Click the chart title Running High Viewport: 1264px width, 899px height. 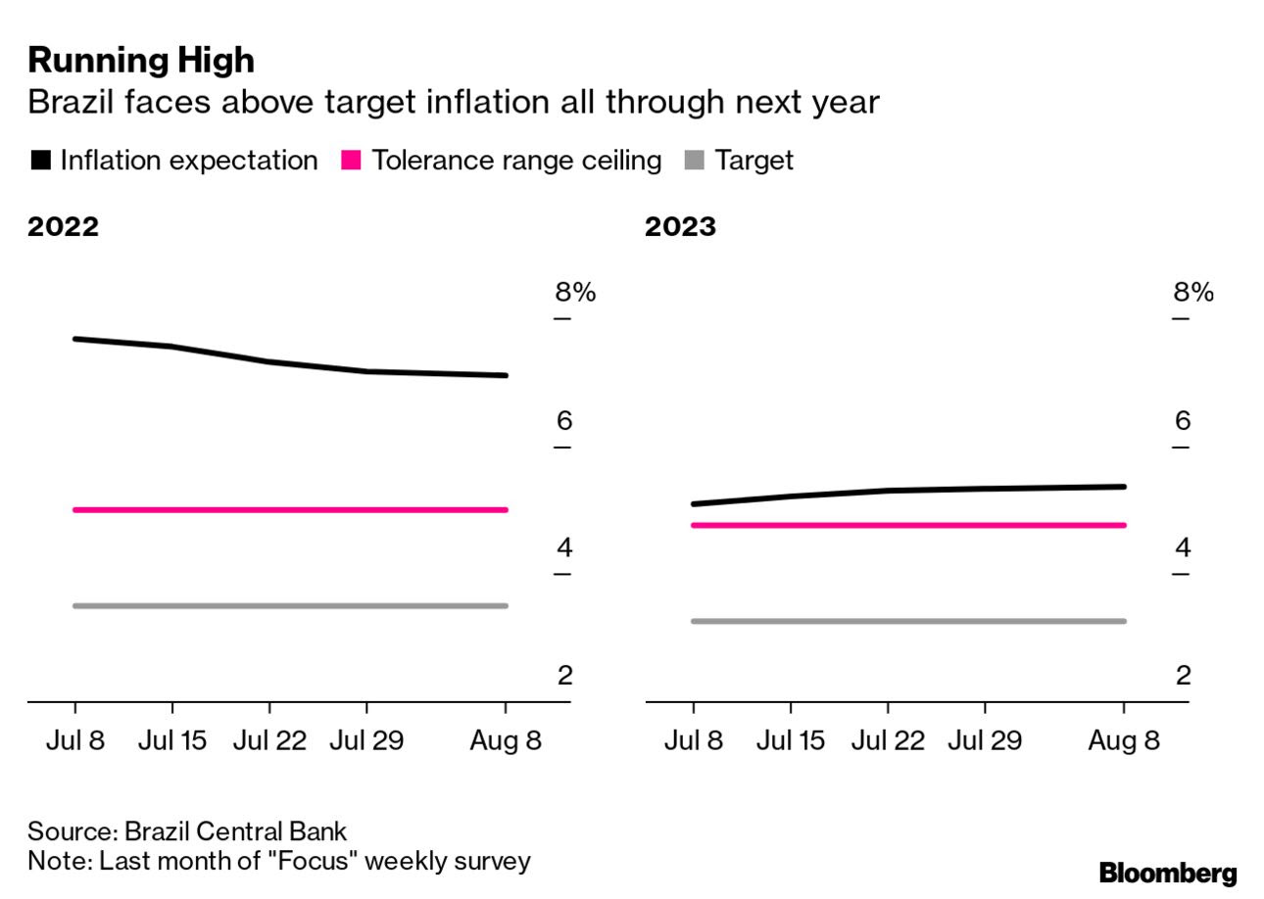(x=141, y=61)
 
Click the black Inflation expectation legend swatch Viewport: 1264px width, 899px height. (x=41, y=161)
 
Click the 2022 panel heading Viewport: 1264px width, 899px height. (x=63, y=227)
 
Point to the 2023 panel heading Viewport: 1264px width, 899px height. (x=680, y=227)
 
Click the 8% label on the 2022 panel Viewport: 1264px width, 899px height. (x=574, y=293)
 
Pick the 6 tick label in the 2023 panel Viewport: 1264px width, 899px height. (x=1183, y=421)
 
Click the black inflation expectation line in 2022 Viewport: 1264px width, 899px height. (x=269, y=361)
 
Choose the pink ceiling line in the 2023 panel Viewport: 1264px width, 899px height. (x=908, y=525)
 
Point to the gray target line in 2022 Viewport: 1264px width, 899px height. (x=291, y=606)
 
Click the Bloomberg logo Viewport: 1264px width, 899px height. (x=1167, y=874)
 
